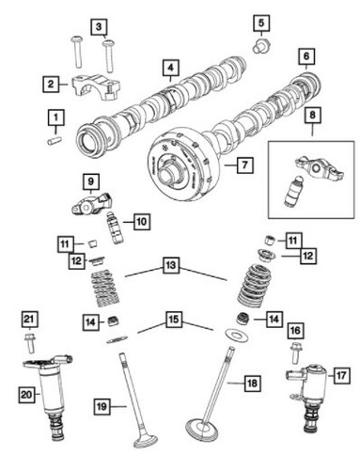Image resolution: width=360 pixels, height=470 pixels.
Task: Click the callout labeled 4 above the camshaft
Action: coord(169,69)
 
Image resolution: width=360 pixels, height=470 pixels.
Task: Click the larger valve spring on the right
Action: coord(251,284)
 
